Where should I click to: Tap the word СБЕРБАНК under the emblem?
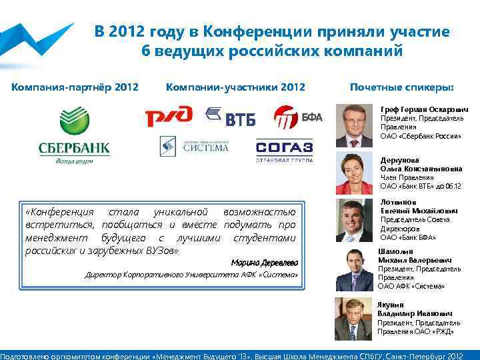[74, 147]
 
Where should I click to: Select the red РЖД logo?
[169, 117]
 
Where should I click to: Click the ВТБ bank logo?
[231, 117]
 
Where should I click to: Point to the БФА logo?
[298, 117]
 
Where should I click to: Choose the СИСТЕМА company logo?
[194, 147]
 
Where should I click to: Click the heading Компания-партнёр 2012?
[75, 87]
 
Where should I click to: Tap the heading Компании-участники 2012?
[235, 87]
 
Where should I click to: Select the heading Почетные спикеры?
[402, 87]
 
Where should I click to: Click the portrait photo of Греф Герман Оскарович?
[354, 125]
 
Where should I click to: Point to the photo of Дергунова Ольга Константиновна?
[354, 173]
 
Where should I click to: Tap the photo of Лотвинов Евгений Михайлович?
[354, 221]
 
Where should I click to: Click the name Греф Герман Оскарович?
[424, 109]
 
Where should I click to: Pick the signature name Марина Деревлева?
[265, 262]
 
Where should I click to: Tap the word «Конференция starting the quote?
[59, 211]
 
